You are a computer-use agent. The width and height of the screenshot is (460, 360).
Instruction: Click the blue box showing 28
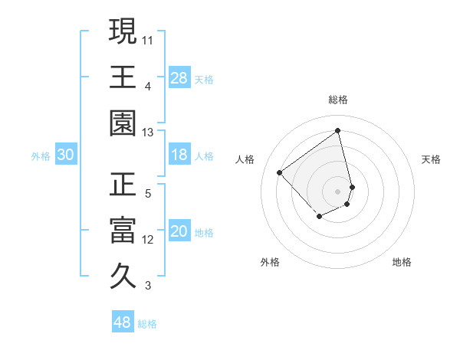click(x=179, y=77)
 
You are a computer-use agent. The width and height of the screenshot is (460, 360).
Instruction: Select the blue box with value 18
click(x=179, y=155)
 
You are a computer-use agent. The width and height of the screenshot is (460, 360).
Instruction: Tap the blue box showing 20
click(x=179, y=232)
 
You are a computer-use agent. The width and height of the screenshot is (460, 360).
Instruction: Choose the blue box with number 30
click(x=66, y=155)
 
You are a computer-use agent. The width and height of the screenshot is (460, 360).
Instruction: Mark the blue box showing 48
click(x=123, y=322)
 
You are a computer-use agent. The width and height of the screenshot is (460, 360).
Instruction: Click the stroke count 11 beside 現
click(x=149, y=39)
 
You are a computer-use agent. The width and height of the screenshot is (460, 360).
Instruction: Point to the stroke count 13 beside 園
click(x=149, y=133)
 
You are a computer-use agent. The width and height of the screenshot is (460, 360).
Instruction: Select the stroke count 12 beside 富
click(x=149, y=240)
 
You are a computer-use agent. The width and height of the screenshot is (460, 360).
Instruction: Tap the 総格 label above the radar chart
click(x=338, y=100)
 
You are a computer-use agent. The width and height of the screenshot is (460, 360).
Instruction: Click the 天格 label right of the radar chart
click(x=432, y=159)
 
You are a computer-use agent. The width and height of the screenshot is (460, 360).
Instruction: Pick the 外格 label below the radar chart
click(x=270, y=262)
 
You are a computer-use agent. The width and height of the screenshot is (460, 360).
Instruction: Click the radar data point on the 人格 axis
click(x=280, y=173)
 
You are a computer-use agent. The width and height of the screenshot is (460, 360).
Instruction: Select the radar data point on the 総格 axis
click(x=338, y=131)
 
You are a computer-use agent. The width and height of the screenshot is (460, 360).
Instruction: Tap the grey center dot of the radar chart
click(x=338, y=191)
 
